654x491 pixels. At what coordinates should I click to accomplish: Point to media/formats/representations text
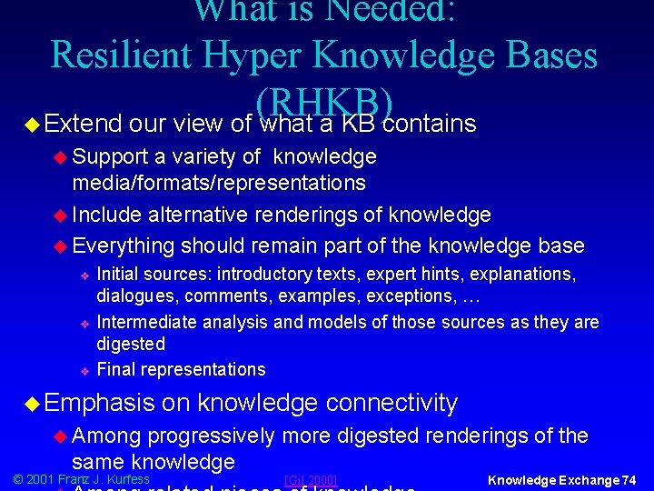tap(219, 183)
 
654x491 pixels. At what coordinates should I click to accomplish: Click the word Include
tap(107, 215)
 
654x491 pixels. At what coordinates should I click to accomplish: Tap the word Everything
tap(124, 245)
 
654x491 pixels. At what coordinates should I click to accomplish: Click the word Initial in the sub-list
tap(118, 274)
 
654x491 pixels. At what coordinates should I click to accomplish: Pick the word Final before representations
tap(114, 369)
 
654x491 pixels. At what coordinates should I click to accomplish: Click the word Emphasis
tap(101, 402)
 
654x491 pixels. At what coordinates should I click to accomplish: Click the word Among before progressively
tap(110, 436)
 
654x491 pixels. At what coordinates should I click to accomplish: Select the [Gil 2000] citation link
tap(311, 480)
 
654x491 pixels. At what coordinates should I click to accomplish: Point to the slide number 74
tap(627, 479)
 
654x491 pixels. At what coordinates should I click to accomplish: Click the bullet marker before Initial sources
tap(83, 275)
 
